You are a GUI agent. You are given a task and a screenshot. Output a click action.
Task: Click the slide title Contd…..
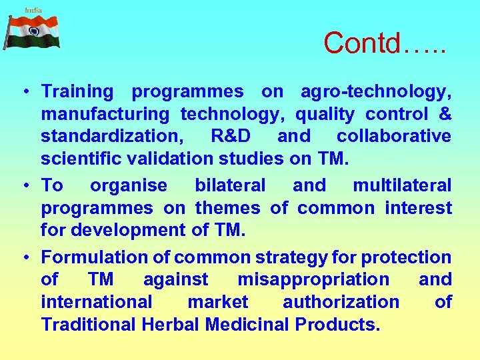[385, 43]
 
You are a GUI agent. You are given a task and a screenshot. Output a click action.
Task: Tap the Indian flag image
[33, 32]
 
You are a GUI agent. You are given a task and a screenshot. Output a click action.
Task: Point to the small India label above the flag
[33, 9]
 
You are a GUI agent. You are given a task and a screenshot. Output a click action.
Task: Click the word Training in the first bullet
[77, 91]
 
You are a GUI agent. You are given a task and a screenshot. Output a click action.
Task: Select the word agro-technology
[376, 91]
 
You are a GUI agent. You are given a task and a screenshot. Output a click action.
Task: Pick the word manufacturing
[105, 114]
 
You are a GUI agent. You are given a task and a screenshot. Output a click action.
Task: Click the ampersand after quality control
[445, 114]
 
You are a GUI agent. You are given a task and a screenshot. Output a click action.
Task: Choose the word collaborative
[393, 136]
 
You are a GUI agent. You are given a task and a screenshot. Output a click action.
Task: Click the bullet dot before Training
[23, 92]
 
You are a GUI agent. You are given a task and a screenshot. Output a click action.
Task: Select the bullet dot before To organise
[23, 185]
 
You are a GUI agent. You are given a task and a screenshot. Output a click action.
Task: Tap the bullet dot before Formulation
[23, 257]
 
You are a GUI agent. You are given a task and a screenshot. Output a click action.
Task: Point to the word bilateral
[230, 185]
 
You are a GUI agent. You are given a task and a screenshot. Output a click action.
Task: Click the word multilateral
[402, 185]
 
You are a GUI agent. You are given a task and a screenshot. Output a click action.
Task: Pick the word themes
[227, 208]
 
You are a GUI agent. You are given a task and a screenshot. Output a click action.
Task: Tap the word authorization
[341, 302]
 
